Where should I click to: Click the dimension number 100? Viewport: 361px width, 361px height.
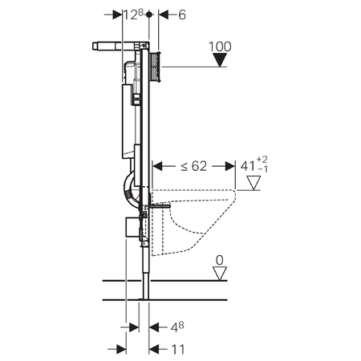pyautogui.click(x=220, y=47)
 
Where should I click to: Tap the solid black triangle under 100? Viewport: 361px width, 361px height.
pyautogui.click(x=220, y=59)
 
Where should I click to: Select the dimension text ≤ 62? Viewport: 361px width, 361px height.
pyautogui.click(x=194, y=166)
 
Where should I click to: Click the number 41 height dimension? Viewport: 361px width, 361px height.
pyautogui.click(x=247, y=166)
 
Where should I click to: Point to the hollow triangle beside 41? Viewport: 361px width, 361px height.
pyautogui.click(x=254, y=183)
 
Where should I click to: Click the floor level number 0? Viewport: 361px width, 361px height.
pyautogui.click(x=220, y=260)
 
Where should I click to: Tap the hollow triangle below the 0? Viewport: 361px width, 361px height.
pyautogui.click(x=220, y=274)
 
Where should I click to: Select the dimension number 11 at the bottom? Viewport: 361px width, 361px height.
pyautogui.click(x=177, y=349)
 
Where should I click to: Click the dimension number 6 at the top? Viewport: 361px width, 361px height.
pyautogui.click(x=182, y=15)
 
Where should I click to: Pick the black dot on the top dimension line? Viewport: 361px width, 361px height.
pyautogui.click(x=149, y=14)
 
